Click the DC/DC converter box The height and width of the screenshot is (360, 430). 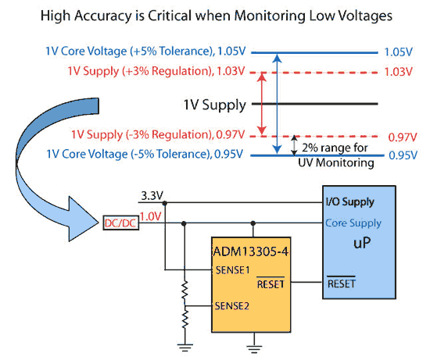point(121,223)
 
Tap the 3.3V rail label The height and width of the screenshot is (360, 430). point(152,195)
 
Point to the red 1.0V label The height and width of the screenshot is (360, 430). point(151,216)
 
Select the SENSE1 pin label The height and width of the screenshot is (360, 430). point(232,270)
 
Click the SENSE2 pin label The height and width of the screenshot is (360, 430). point(232,306)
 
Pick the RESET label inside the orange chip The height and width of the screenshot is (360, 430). point(271,283)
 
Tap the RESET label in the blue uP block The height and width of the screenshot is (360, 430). point(342,283)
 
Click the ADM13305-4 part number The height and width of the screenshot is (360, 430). point(251,251)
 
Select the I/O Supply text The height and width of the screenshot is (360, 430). point(350,202)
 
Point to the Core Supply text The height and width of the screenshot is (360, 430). point(353,223)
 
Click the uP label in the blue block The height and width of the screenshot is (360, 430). point(362,242)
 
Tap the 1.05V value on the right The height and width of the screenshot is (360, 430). point(399,52)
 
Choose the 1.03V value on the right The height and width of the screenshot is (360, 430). point(398,72)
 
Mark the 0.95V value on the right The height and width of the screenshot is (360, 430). point(403,155)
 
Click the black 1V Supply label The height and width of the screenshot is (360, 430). point(215,105)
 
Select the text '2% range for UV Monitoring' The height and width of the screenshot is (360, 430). point(336,155)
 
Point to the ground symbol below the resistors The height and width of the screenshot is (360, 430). point(185,348)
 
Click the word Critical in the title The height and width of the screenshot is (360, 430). point(170,16)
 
